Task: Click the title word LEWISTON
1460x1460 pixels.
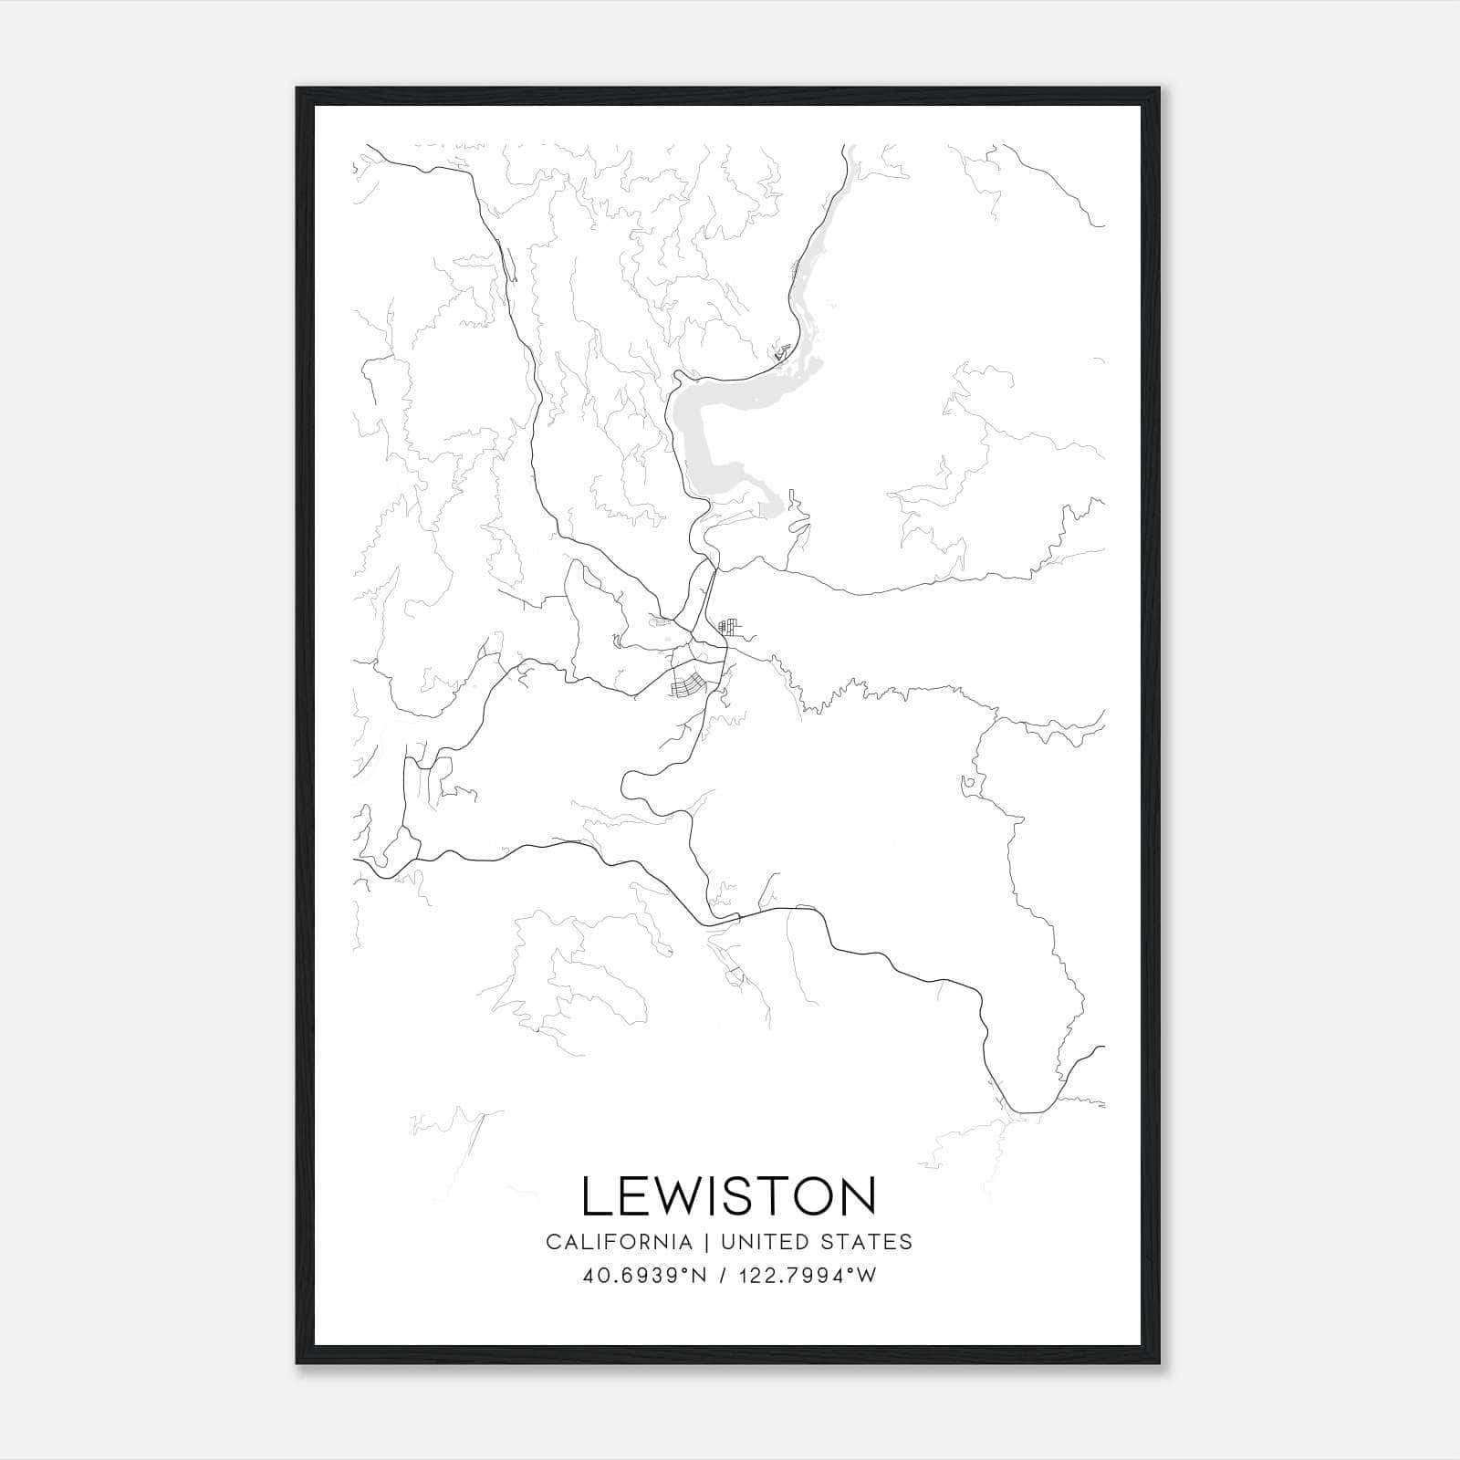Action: [x=728, y=1196]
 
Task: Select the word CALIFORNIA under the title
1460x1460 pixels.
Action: [x=618, y=1242]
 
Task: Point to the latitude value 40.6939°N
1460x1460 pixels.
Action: [x=645, y=1276]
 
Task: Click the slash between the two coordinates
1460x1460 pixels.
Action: [x=722, y=1276]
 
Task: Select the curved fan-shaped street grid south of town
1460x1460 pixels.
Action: [x=686, y=684]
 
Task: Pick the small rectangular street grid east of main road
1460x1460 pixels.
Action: [x=727, y=626]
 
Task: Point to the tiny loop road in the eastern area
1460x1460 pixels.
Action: [x=967, y=783]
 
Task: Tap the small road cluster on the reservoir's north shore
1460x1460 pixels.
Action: [x=780, y=351]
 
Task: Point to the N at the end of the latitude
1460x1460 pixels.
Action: [x=700, y=1276]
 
